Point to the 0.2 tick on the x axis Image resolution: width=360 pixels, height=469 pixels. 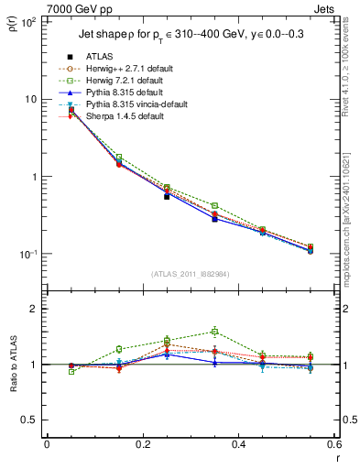click(142, 443)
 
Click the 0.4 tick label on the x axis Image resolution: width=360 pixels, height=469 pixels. click(238, 443)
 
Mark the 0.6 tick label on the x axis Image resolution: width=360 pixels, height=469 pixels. click(333, 443)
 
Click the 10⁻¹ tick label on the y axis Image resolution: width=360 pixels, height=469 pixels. click(27, 254)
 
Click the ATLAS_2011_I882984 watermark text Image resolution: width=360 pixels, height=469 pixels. click(190, 274)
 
